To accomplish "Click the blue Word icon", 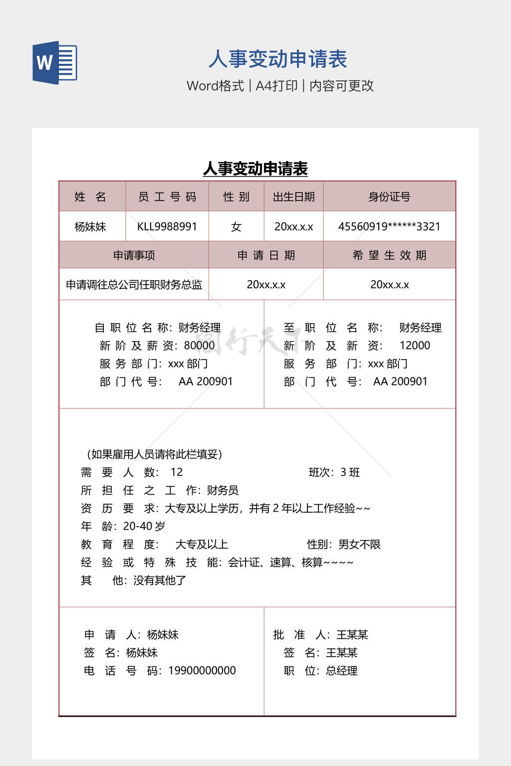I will pyautogui.click(x=54, y=62).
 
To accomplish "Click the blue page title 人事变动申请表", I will pyautogui.click(x=277, y=59).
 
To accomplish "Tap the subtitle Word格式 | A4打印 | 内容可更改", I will pyautogui.click(x=280, y=86).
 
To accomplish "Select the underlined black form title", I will pyautogui.click(x=255, y=169).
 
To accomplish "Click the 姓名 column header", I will pyautogui.click(x=90, y=197).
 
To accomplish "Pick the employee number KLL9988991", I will pyautogui.click(x=167, y=226).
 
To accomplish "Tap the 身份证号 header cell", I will pyautogui.click(x=389, y=197).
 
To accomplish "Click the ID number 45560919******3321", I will pyautogui.click(x=389, y=226).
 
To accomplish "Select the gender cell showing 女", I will pyautogui.click(x=236, y=227).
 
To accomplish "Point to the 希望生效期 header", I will pyautogui.click(x=389, y=255).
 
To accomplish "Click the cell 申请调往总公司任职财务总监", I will pyautogui.click(x=134, y=285).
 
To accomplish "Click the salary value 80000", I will pyautogui.click(x=199, y=346).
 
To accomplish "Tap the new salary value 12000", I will pyautogui.click(x=415, y=346).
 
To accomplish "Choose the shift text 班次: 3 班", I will pyautogui.click(x=334, y=472).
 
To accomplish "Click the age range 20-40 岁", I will pyautogui.click(x=144, y=526).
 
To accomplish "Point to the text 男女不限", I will pyautogui.click(x=359, y=545).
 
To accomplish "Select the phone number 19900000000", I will pyautogui.click(x=202, y=671).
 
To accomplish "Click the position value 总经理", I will pyautogui.click(x=342, y=671).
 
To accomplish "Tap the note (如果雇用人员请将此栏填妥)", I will pyautogui.click(x=154, y=454).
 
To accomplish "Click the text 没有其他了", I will pyautogui.click(x=160, y=580).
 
